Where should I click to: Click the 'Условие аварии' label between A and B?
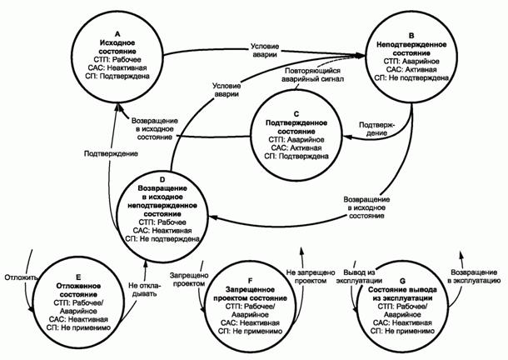[x=265, y=48]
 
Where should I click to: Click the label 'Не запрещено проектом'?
[x=311, y=276]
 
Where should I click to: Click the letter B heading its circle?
[x=412, y=25]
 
